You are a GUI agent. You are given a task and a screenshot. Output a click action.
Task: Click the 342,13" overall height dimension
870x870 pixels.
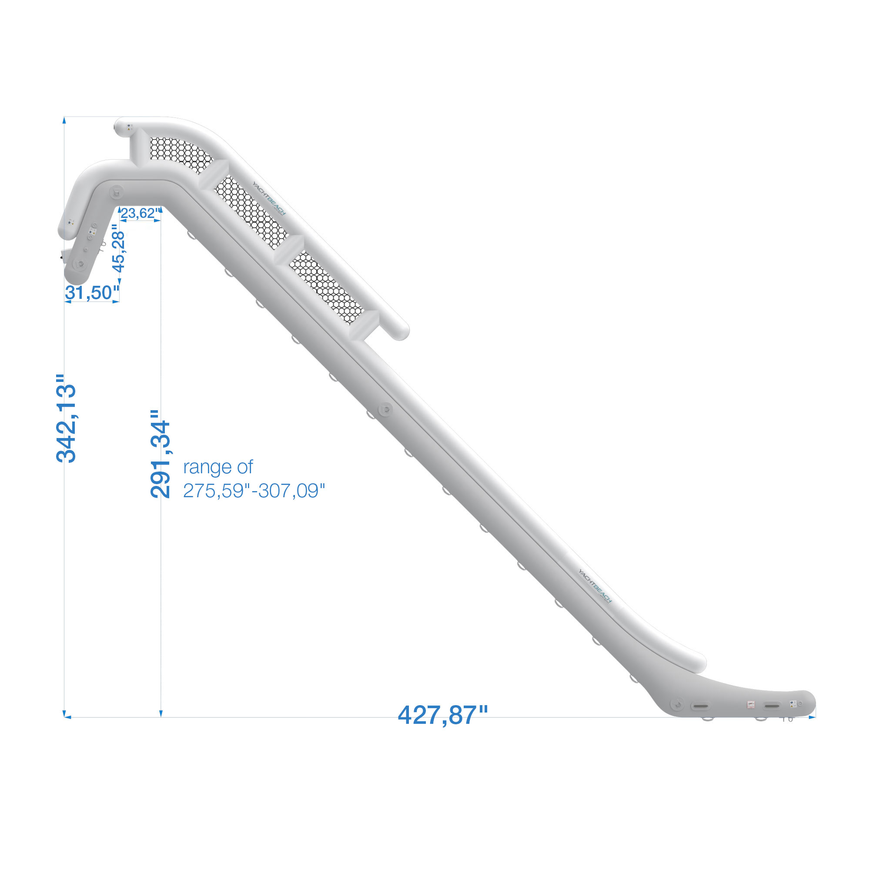click(x=66, y=418)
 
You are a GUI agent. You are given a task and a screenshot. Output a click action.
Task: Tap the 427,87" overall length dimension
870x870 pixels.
click(x=443, y=715)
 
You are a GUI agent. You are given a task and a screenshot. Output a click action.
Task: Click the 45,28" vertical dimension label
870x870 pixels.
click(x=118, y=248)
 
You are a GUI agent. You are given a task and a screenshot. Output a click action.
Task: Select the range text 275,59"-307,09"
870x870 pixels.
click(x=254, y=491)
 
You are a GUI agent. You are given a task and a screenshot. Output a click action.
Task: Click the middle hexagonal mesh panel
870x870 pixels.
click(x=251, y=213)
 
